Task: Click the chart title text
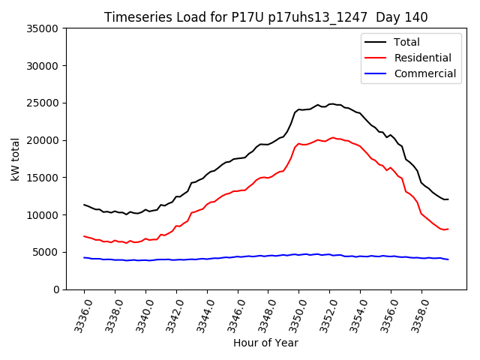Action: [266, 17]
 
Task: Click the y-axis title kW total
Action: [16, 159]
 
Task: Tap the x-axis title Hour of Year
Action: [265, 343]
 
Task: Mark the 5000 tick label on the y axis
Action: [46, 252]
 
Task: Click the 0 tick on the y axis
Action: [56, 289]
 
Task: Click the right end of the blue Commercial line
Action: [448, 259]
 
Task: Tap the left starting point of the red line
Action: [84, 236]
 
